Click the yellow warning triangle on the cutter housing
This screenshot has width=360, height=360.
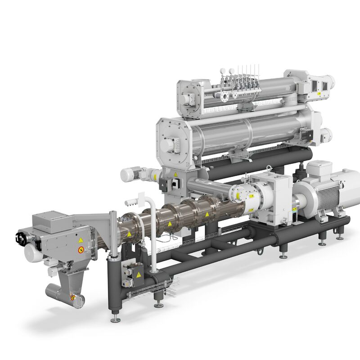pos(80,240)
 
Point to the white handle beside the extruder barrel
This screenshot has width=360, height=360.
pos(130,199)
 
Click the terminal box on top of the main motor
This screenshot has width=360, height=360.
pos(319,167)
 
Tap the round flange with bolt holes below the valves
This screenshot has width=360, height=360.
pos(224,96)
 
